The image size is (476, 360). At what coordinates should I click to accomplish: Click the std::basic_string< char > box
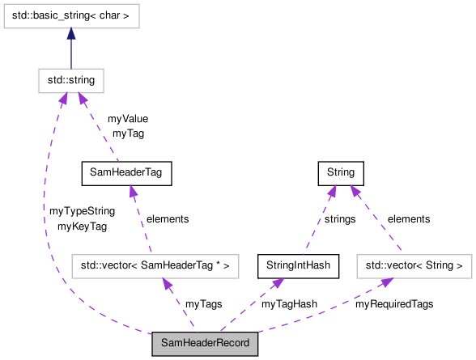71,16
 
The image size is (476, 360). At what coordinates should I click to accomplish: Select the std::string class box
71,80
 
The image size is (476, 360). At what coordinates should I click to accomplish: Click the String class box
341,172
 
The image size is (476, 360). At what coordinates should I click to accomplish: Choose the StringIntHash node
297,265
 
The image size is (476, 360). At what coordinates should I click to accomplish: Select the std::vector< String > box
414,265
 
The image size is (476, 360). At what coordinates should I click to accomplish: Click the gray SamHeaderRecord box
206,344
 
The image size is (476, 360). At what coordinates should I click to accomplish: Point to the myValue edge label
128,119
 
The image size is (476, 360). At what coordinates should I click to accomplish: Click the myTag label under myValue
128,133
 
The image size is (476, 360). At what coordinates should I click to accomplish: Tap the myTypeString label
82,211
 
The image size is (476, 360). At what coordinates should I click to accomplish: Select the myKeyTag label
82,227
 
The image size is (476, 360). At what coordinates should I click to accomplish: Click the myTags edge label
203,304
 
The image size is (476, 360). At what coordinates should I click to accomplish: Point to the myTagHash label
289,304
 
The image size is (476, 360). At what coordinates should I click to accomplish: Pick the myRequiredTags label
394,304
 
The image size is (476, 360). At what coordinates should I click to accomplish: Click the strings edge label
339,218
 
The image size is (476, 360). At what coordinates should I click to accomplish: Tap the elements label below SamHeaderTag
167,218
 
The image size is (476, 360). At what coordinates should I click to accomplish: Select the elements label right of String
409,218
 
